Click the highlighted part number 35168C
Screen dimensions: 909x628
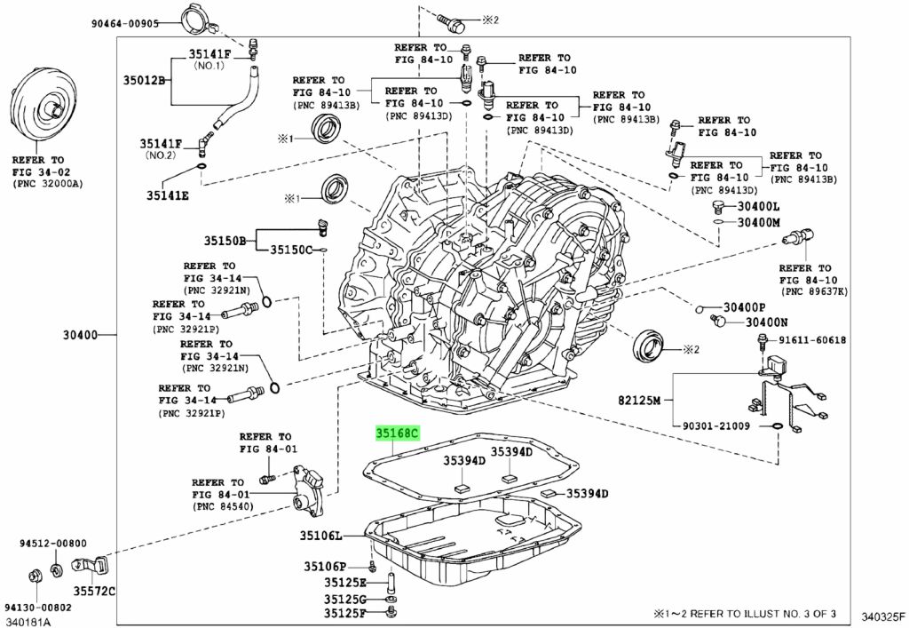[397, 433]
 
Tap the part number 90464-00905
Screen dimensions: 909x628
[124, 24]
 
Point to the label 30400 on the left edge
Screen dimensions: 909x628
[81, 335]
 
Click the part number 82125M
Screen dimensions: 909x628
[639, 400]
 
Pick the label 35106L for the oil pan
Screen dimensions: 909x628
[320, 536]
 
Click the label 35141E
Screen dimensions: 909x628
[168, 195]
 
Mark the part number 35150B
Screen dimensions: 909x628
[225, 240]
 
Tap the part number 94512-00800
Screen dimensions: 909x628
[52, 544]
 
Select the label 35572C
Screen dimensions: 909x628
[94, 592]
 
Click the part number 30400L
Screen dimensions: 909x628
[758, 206]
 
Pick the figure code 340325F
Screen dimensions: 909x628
[882, 616]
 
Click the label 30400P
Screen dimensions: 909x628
[745, 307]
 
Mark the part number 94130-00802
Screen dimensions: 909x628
[38, 608]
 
